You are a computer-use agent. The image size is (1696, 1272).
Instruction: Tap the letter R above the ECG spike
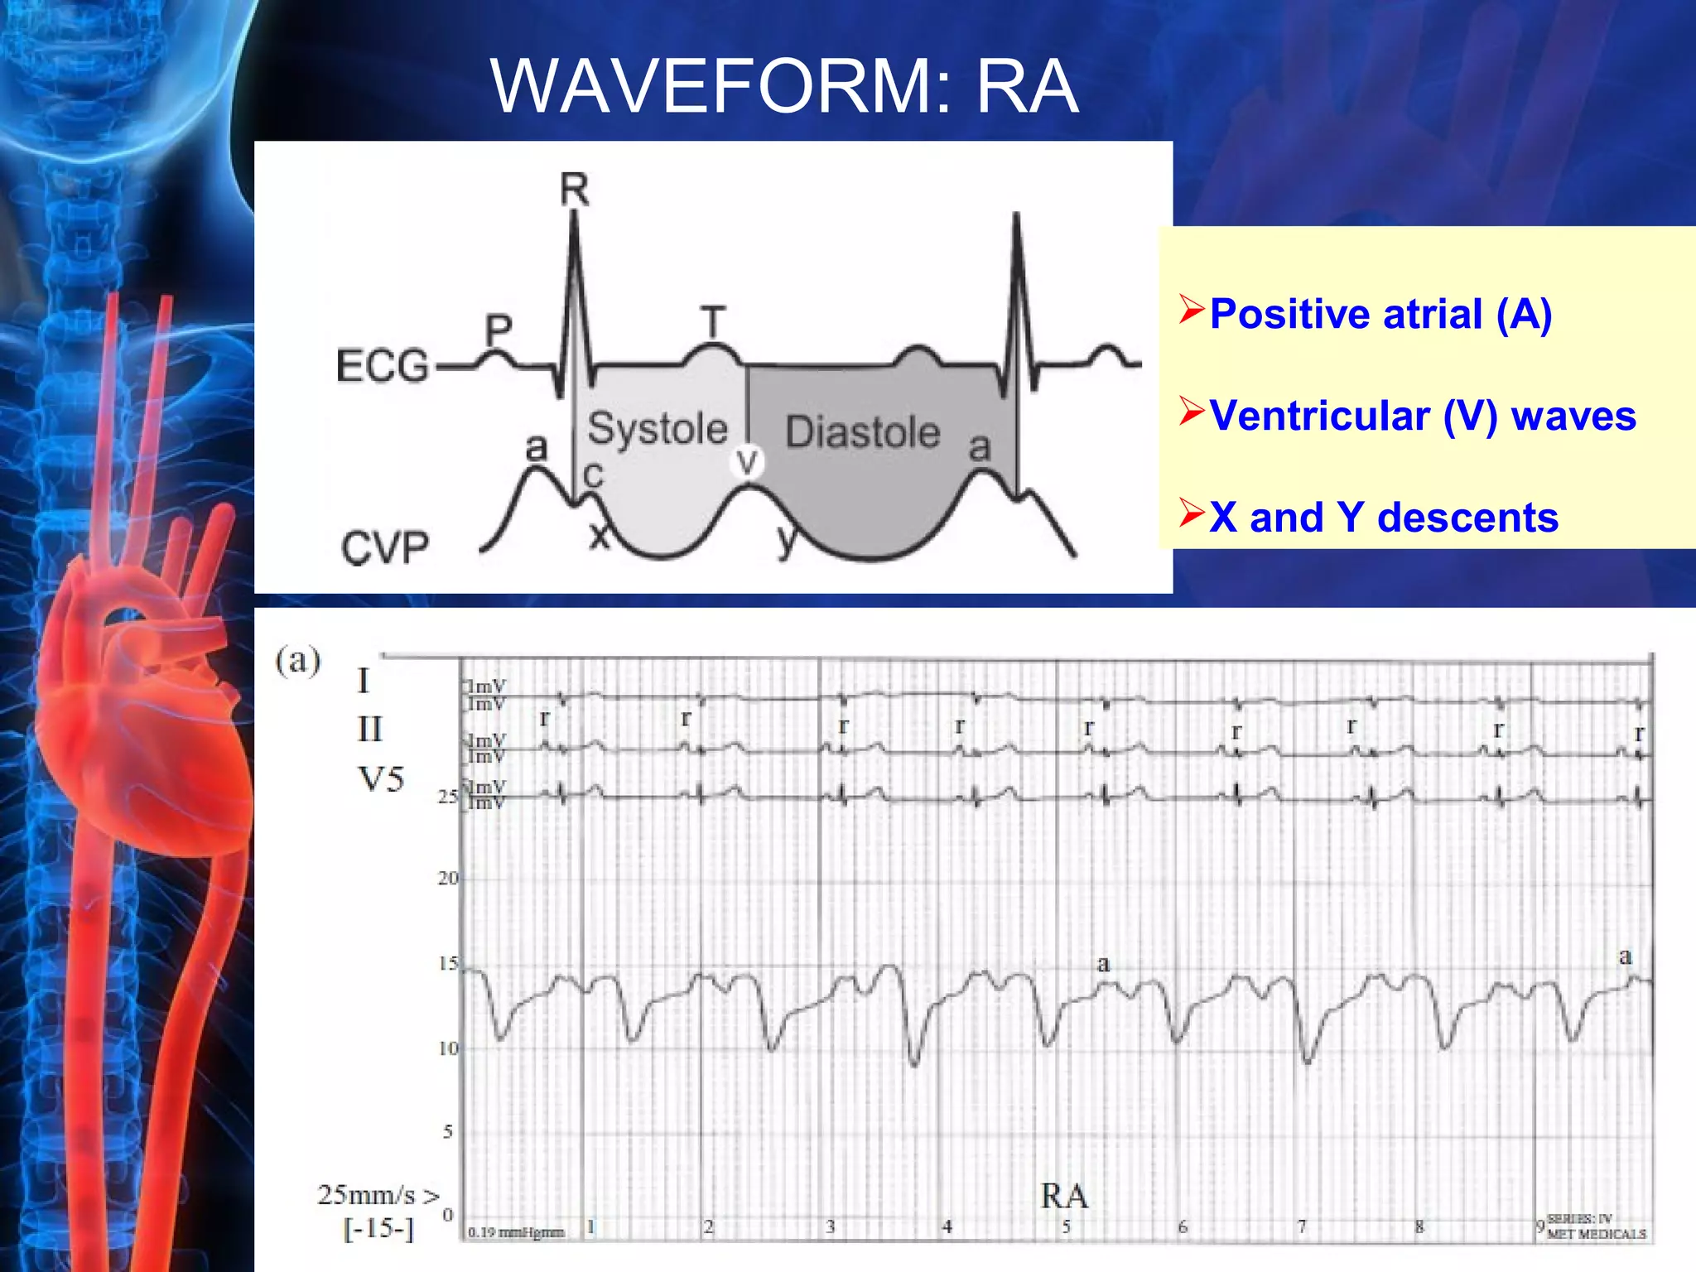pos(574,190)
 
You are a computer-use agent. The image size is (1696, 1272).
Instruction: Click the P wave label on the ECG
pos(498,331)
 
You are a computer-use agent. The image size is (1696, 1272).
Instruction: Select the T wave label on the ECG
pos(712,321)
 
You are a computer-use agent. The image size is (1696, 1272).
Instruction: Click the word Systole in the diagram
pos(658,429)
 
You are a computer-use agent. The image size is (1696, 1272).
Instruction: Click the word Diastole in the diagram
pos(862,432)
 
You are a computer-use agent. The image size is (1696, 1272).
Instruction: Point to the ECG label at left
pos(382,366)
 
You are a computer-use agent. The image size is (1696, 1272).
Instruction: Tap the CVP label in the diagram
pos(385,547)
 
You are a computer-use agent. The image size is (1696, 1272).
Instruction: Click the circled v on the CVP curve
pos(747,461)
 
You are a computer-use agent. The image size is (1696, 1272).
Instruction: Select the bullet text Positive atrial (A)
pos(1380,315)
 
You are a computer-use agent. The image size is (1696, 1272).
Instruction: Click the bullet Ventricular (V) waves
pos(1422,416)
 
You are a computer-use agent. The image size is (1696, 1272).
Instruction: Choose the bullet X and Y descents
pos(1383,518)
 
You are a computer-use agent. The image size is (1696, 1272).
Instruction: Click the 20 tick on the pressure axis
pos(447,878)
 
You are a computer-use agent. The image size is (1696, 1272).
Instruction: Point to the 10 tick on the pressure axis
pos(447,1048)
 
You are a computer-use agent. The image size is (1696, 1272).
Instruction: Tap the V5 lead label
pos(381,778)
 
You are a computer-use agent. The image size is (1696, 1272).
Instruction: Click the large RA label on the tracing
pos(1064,1196)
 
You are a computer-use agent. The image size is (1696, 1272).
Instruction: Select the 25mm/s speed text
pos(378,1194)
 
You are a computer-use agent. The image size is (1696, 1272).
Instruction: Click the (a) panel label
pos(298,661)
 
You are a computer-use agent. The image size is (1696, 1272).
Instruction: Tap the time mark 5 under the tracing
pos(1067,1227)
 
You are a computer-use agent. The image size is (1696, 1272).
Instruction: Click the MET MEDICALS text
pos(1596,1234)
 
